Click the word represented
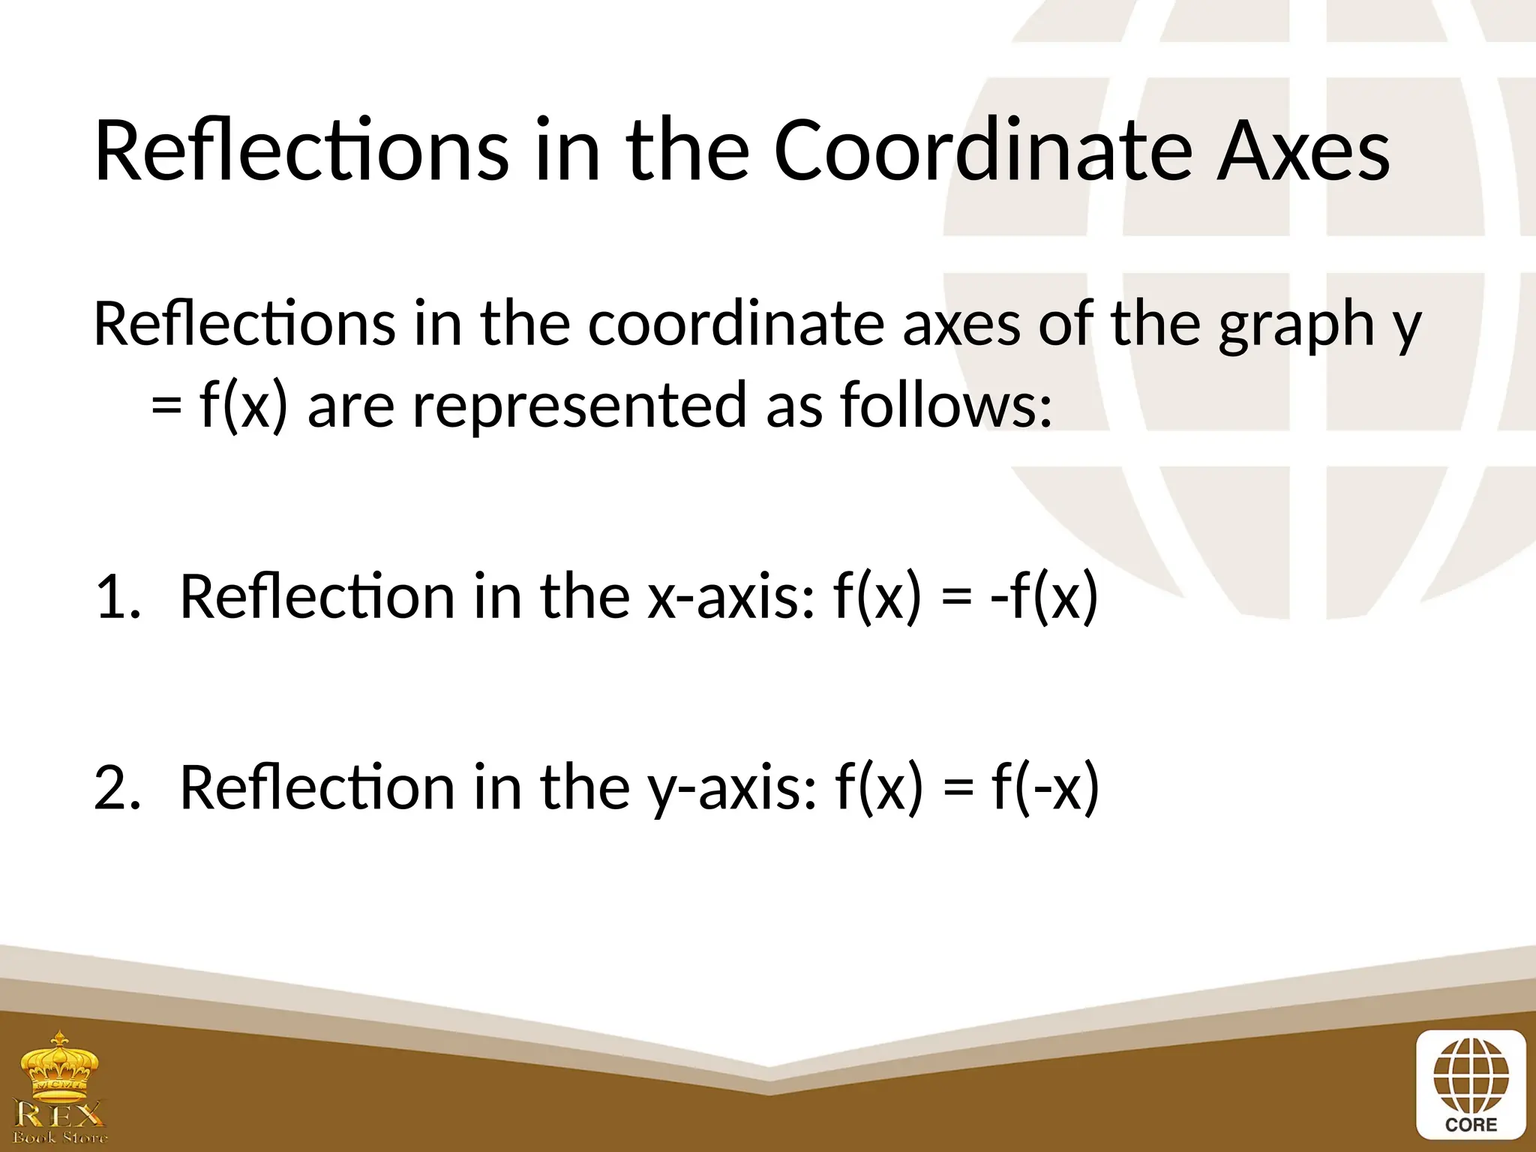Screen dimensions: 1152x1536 point(580,405)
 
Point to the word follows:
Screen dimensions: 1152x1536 point(946,405)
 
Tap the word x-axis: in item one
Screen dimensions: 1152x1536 point(730,597)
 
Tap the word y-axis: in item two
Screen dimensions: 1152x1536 point(731,788)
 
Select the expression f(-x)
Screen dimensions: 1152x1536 point(1045,788)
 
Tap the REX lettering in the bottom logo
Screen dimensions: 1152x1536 point(59,1114)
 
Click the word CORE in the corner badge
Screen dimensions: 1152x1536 point(1470,1125)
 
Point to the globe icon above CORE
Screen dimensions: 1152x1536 point(1470,1077)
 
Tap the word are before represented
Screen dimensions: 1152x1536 point(350,405)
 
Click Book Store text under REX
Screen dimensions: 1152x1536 point(59,1138)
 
